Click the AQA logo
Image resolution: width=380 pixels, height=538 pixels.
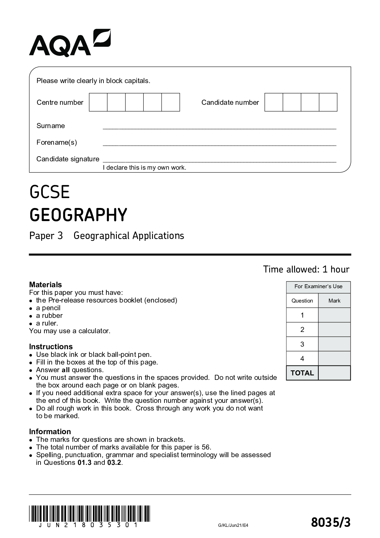[70, 43]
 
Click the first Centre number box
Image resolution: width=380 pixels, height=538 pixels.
[98, 102]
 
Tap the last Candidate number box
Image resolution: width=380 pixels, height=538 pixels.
[328, 102]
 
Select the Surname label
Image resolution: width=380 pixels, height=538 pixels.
[50, 126]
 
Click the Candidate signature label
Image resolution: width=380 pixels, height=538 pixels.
[68, 159]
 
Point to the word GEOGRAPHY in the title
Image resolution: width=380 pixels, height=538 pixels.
[78, 215]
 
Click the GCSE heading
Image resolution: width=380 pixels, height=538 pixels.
[49, 192]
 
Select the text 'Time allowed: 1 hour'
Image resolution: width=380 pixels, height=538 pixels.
[306, 269]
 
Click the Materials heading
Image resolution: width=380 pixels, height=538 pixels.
[45, 285]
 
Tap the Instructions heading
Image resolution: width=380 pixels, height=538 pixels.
[51, 347]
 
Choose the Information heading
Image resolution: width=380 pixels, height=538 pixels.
[50, 432]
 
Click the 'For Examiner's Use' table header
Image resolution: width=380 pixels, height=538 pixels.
[318, 287]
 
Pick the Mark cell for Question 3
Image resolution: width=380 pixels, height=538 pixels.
[334, 344]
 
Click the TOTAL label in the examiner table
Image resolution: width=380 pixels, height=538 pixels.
[302, 373]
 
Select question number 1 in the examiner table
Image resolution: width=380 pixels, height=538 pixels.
[302, 315]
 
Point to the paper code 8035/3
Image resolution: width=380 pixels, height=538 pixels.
[331, 523]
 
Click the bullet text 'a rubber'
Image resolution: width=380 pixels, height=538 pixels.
[49, 316]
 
